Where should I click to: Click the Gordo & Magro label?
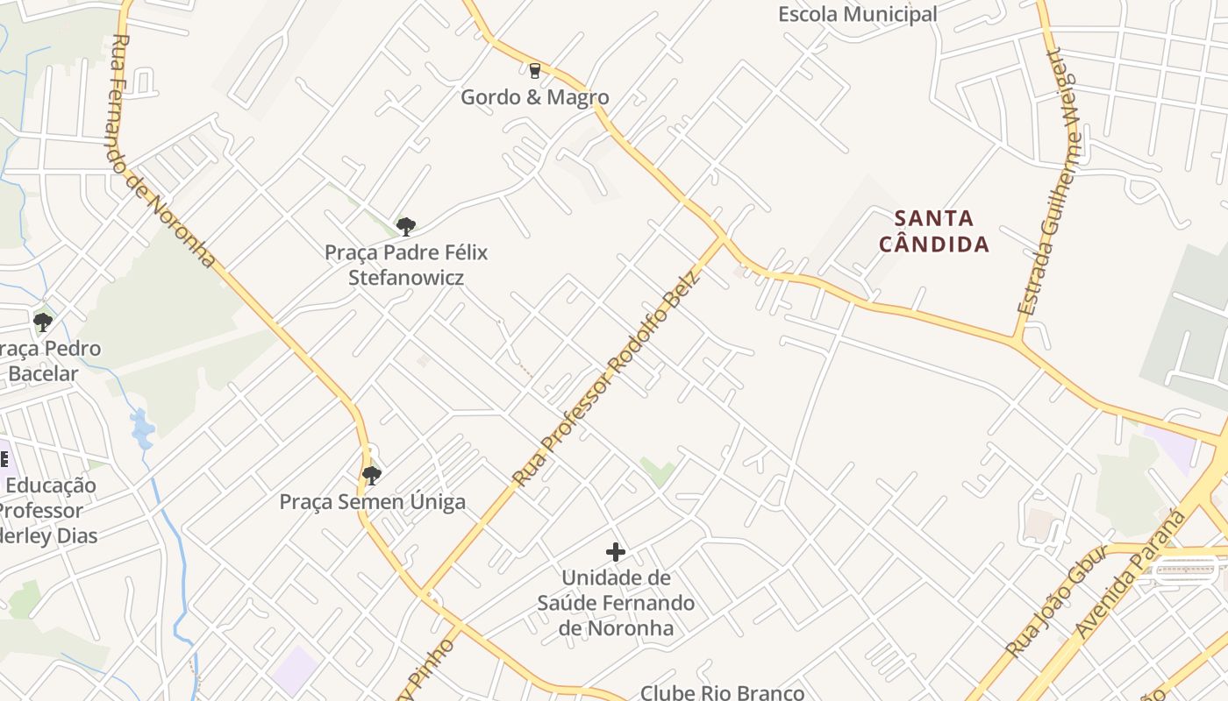[534, 96]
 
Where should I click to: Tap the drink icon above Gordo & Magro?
[534, 70]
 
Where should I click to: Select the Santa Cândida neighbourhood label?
[934, 230]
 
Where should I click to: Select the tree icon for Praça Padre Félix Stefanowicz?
[405, 227]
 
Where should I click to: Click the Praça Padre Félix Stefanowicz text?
[406, 265]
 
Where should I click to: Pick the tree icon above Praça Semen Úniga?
[372, 476]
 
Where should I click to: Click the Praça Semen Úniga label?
[372, 502]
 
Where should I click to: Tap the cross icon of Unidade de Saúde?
[616, 552]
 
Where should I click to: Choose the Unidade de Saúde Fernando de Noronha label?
[616, 603]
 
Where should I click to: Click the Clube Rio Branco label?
[722, 692]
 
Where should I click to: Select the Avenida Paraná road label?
[1131, 575]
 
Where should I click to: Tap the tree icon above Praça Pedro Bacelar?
[42, 322]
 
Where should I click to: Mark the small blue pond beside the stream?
[141, 428]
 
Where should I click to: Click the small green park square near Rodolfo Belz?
[657, 471]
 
